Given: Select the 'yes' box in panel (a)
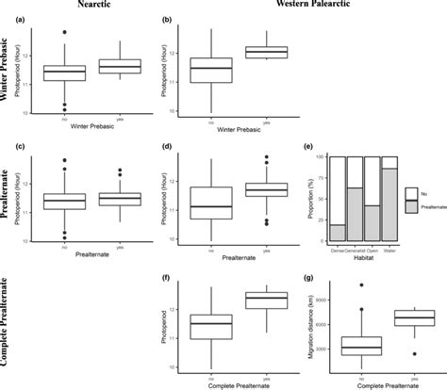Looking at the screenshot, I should pos(121,66).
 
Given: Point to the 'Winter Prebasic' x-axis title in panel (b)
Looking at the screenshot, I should pos(244,129).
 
